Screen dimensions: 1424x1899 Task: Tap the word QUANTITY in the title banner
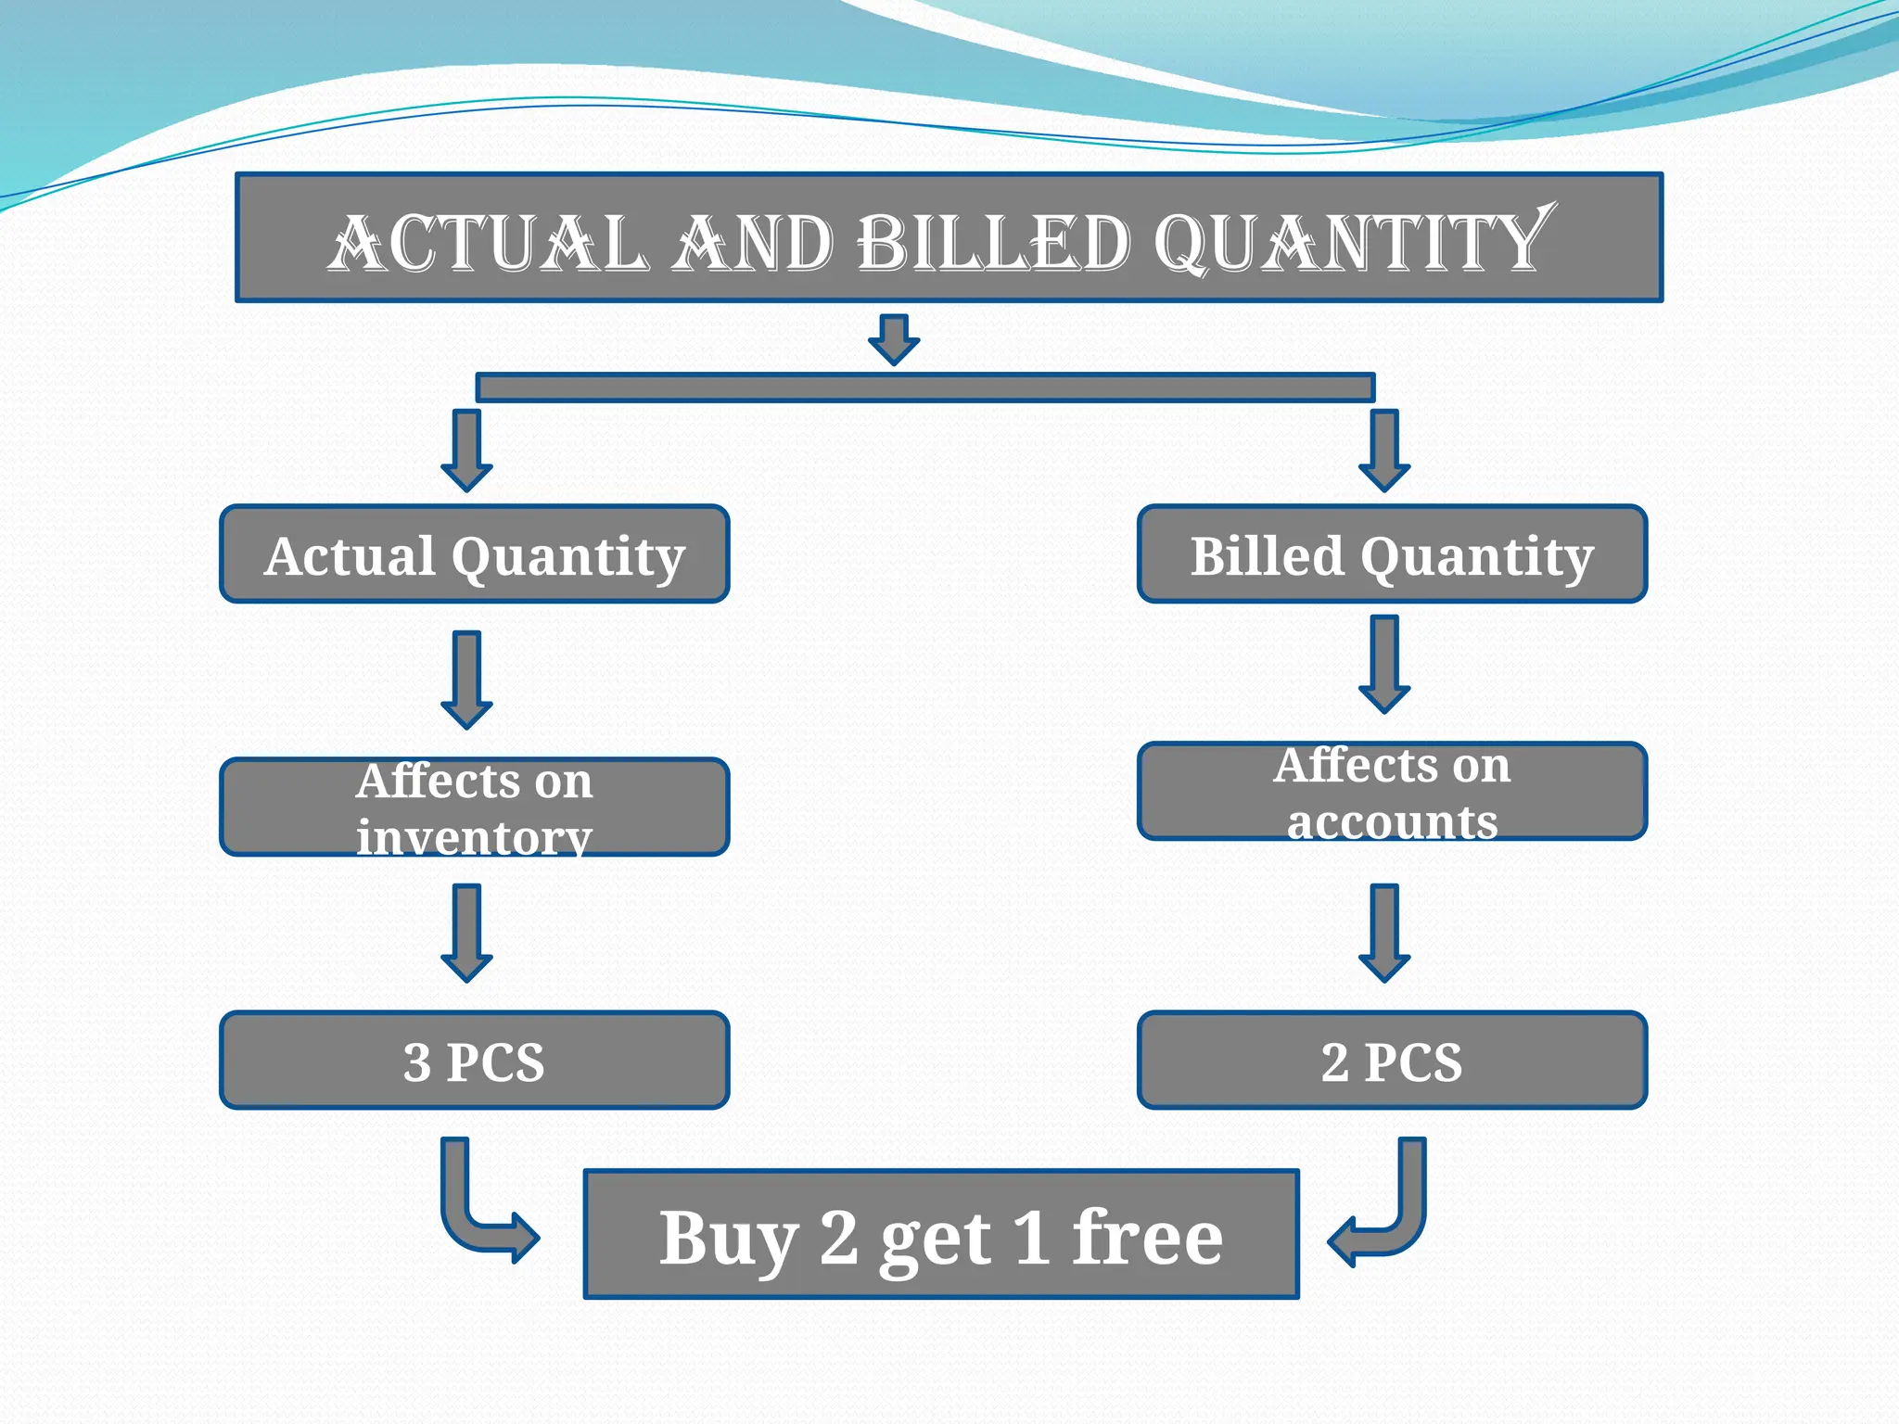(x=1354, y=243)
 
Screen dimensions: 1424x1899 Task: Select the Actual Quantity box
(x=474, y=554)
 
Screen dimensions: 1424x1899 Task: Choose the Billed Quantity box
(x=1392, y=554)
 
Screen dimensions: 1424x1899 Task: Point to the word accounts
(x=1392, y=821)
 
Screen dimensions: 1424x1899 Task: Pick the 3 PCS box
(x=474, y=1061)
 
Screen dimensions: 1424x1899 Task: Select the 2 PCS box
(x=1392, y=1061)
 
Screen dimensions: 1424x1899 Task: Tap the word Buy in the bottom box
(x=728, y=1239)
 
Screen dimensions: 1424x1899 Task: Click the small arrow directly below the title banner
(x=894, y=338)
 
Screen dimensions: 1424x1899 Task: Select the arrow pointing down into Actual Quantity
(x=466, y=451)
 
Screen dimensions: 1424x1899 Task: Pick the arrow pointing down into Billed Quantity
(x=1384, y=451)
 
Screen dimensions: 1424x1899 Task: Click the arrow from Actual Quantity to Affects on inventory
(x=466, y=680)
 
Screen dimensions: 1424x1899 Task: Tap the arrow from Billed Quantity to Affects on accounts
(x=1384, y=664)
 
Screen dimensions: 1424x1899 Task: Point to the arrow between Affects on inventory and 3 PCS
(x=466, y=933)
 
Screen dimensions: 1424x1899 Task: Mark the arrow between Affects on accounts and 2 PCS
(x=1384, y=933)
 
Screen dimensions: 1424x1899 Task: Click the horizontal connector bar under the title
(x=924, y=388)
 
